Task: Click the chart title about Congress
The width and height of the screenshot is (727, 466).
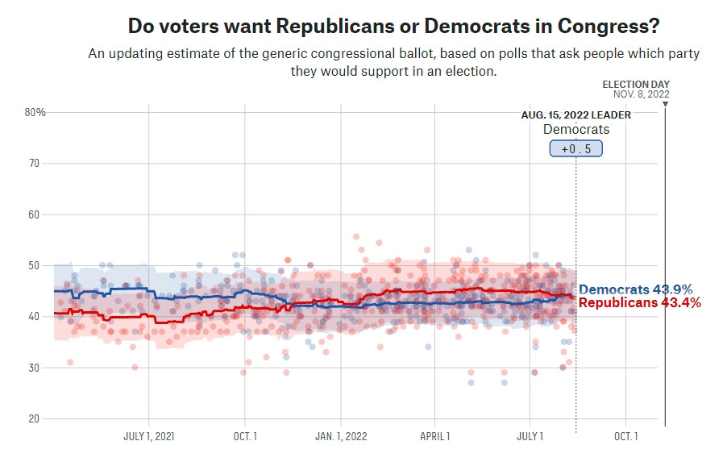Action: (394, 26)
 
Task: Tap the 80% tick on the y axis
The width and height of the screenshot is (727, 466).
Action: (35, 112)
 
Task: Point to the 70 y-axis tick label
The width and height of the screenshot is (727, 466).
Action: (34, 163)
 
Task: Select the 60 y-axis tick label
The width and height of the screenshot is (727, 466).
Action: (34, 214)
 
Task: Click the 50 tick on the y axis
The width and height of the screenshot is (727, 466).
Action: (34, 265)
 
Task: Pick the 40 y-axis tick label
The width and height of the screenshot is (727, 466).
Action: (34, 316)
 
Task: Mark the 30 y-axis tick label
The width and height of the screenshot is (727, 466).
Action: (34, 368)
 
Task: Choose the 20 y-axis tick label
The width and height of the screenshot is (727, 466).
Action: (34, 418)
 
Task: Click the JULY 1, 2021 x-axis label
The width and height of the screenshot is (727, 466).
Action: (149, 436)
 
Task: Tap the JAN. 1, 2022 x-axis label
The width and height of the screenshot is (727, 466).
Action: (341, 436)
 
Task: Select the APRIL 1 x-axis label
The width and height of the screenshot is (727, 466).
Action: (435, 436)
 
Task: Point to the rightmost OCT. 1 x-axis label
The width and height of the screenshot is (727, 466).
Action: (625, 436)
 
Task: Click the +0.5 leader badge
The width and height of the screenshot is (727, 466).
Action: (575, 148)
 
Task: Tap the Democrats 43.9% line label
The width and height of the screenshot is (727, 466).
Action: (635, 289)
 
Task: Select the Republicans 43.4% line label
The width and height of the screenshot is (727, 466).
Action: (639, 302)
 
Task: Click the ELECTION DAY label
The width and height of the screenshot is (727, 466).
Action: (636, 84)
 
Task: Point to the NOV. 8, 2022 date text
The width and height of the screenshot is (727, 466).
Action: (641, 94)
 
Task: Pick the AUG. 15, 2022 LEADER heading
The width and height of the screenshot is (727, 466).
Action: (575, 115)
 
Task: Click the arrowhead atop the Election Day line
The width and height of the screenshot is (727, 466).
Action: (665, 104)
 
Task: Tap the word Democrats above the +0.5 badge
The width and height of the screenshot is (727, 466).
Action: (575, 129)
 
